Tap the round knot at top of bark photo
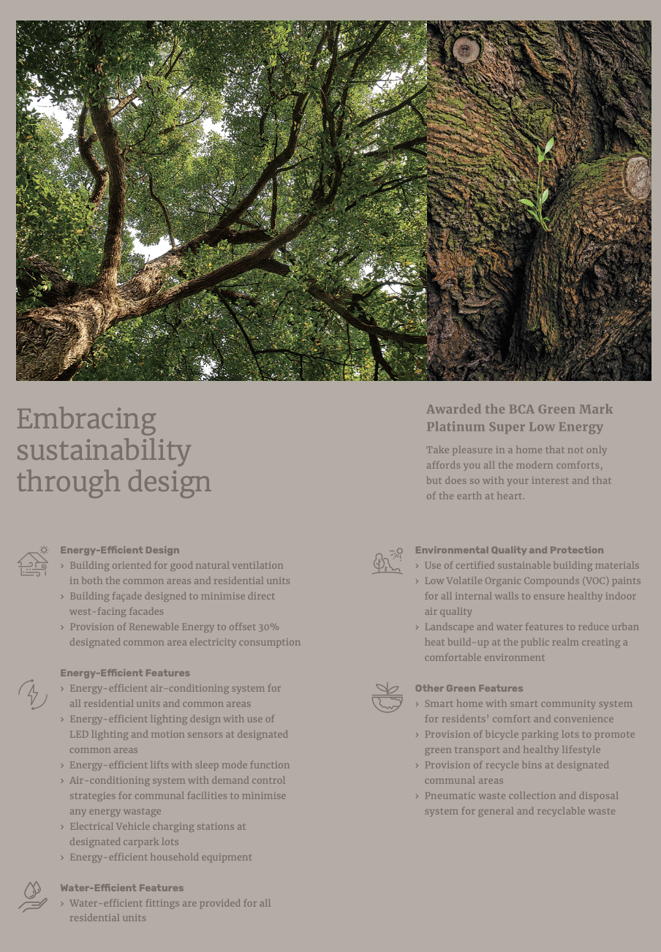[466, 50]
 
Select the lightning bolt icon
[33, 694]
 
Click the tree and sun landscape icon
[387, 561]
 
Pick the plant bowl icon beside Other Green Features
[387, 698]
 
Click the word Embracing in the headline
[86, 420]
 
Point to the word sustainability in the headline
[103, 450]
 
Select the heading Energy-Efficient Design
[119, 550]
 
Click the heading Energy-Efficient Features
[125, 673]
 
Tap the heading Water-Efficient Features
[121, 888]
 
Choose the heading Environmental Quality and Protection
[509, 550]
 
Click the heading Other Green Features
[469, 688]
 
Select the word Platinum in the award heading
[455, 427]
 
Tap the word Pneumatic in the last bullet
[450, 796]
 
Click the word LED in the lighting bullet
[79, 734]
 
